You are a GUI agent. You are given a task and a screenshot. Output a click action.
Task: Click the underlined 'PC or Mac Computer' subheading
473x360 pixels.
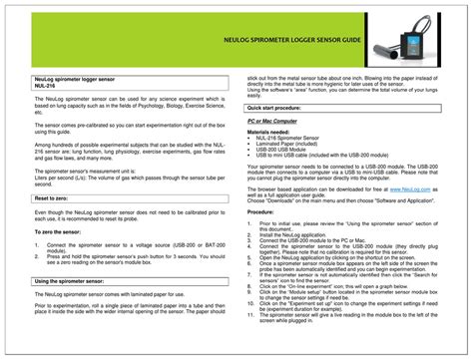point(279,121)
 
